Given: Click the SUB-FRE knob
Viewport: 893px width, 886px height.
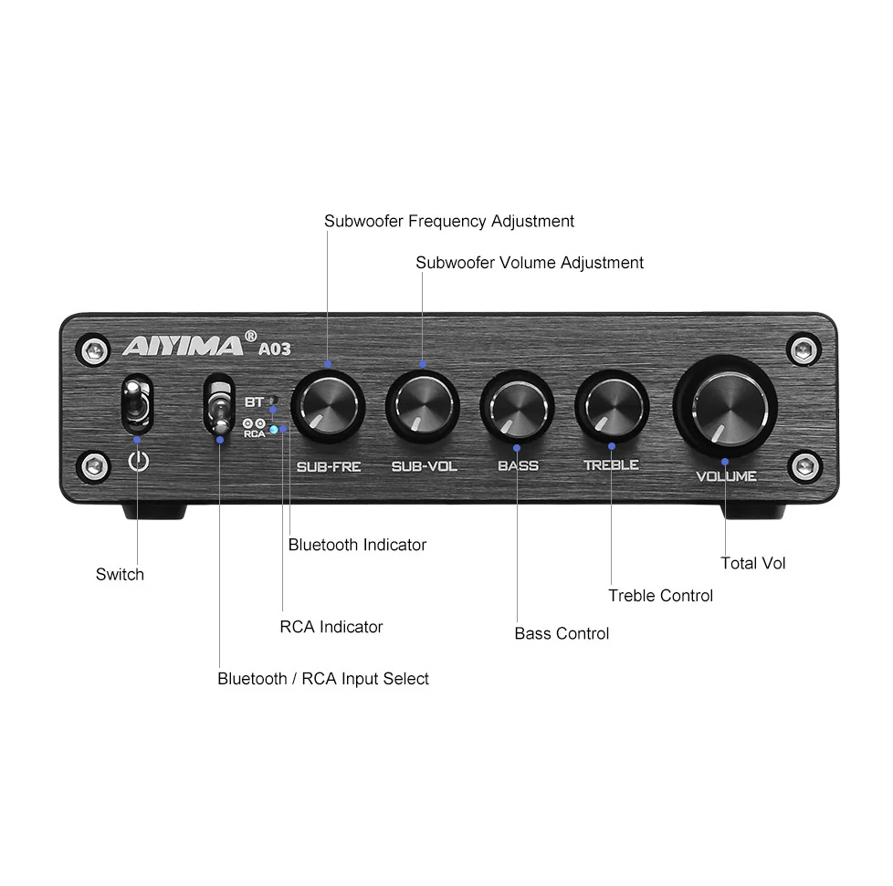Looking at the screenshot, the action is (328, 406).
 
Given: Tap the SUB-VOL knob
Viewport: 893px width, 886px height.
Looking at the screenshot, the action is (423, 406).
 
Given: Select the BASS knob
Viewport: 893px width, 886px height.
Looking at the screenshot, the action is (517, 406).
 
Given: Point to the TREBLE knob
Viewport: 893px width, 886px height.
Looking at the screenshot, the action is (612, 406).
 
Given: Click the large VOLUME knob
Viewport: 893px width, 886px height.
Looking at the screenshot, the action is (725, 406).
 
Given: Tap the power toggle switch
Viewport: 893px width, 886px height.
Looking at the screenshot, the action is (137, 405).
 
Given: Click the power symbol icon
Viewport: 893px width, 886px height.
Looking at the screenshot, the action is (139, 461).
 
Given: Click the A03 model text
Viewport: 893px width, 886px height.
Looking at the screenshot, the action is (275, 349).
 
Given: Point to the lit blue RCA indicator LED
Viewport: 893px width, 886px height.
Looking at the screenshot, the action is (274, 430).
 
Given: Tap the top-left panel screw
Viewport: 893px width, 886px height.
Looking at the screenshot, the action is (95, 350).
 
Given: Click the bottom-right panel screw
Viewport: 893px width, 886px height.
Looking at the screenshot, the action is (804, 466).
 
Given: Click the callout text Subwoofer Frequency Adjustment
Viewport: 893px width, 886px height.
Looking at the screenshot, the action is (448, 221).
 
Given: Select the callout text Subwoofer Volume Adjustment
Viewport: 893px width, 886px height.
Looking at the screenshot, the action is (529, 262).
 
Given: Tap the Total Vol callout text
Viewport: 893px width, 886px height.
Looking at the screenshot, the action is (753, 563).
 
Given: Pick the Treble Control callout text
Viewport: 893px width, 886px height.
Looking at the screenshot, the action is (661, 595).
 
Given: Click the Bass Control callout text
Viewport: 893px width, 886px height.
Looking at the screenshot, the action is (562, 633).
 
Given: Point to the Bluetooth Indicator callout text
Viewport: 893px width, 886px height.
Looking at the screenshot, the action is (357, 545).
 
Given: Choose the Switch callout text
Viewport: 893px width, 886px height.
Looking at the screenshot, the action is (120, 574).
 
